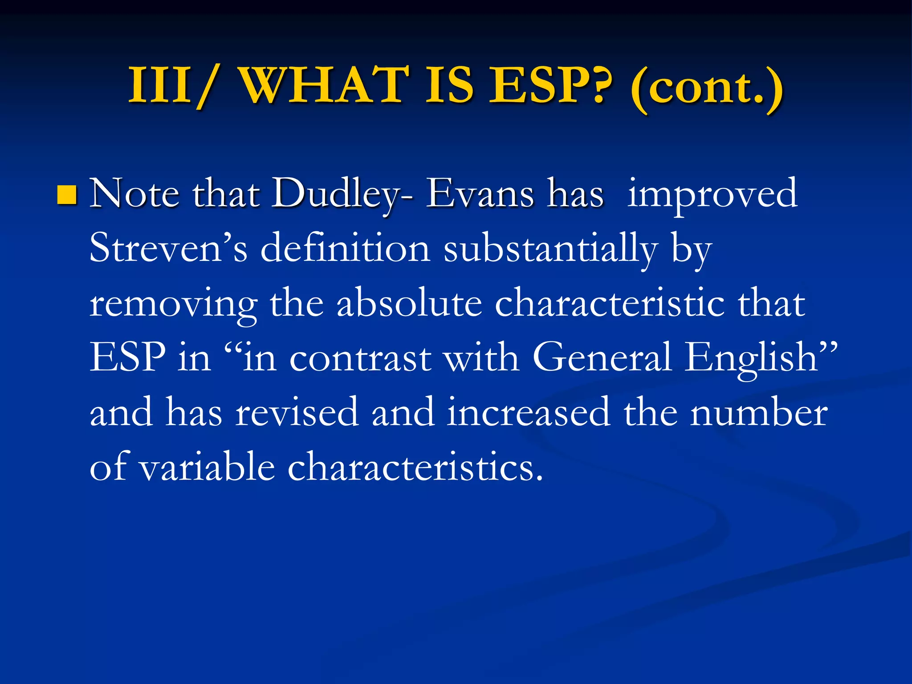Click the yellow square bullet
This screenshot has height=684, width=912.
pos(67,195)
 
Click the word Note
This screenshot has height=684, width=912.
pos(135,194)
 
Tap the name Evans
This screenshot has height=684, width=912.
pos(480,194)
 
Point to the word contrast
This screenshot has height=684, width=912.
pos(360,359)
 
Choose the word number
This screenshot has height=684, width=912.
pos(759,412)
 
